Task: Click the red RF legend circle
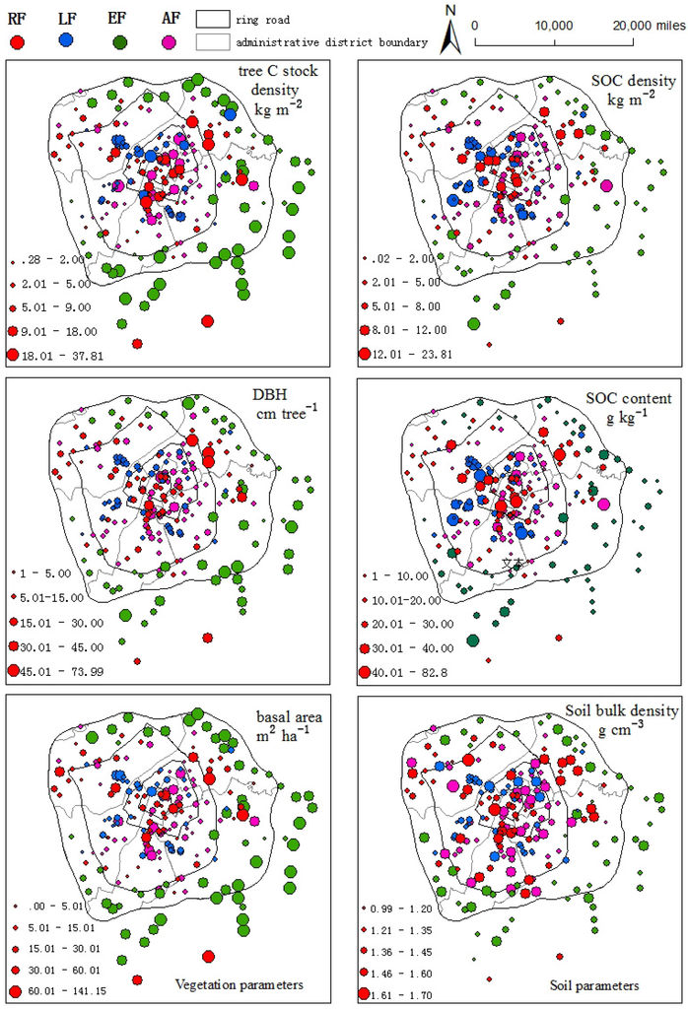tap(18, 40)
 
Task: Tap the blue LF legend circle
tap(67, 39)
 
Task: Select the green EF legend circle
tap(119, 40)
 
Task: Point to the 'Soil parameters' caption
tap(593, 984)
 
